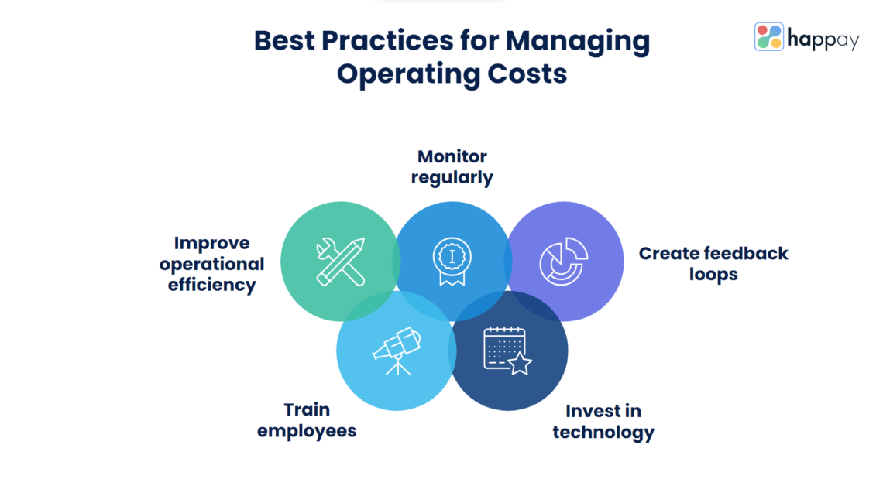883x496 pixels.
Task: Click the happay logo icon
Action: [768, 36]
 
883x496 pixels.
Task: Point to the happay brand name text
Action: [823, 39]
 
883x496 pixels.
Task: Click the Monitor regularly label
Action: [452, 167]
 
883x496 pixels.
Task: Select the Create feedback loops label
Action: [713, 263]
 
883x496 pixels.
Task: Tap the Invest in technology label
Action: [603, 422]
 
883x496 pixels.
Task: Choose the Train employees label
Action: [307, 420]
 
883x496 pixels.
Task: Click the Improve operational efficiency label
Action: [212, 264]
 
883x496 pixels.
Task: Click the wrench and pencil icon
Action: [340, 261]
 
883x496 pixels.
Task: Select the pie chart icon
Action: [563, 261]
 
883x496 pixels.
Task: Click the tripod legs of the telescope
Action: [398, 367]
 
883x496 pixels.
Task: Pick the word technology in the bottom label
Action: [603, 432]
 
